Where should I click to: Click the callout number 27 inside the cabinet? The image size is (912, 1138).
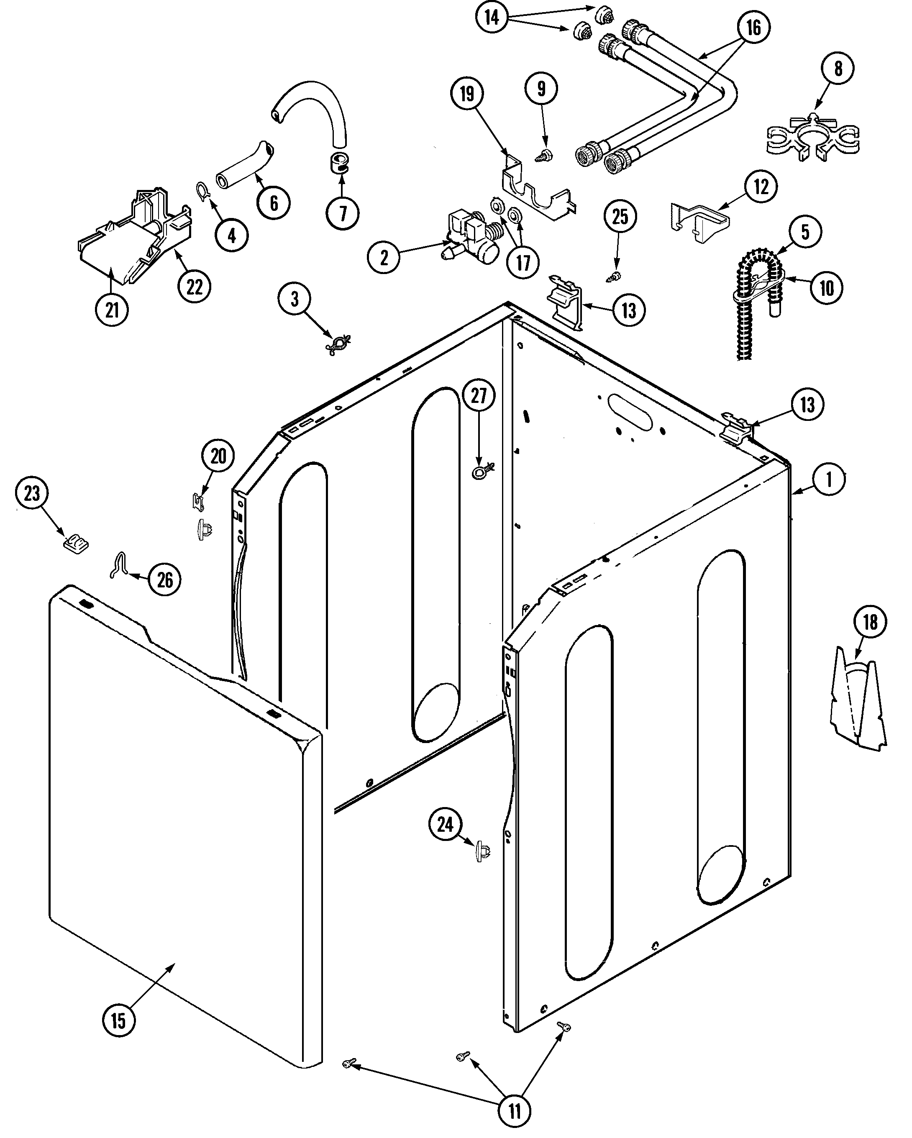(478, 395)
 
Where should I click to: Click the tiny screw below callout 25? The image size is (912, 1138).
(614, 274)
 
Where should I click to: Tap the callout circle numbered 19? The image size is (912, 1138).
(466, 94)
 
